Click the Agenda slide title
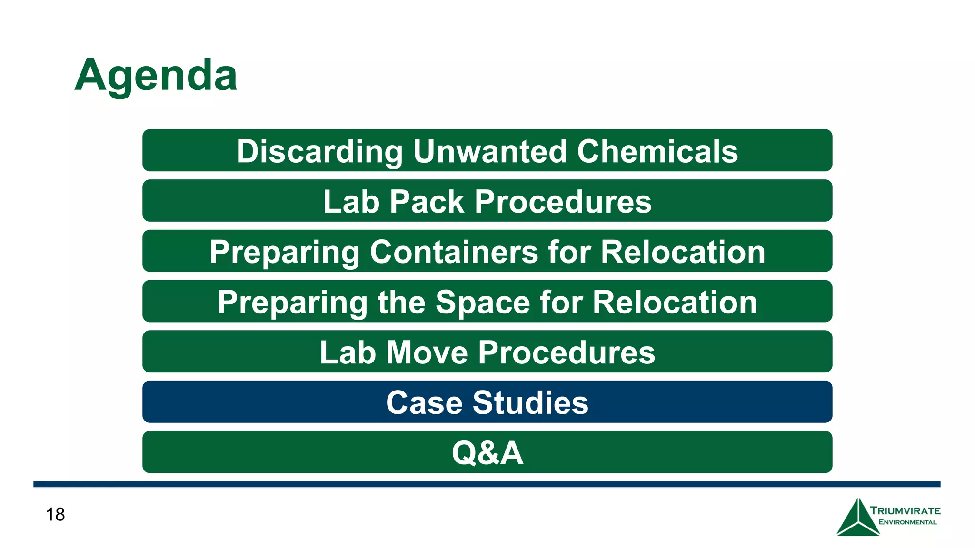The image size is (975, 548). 156,75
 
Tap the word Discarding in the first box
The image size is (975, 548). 319,151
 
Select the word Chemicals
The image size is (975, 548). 657,151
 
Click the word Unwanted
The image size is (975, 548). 490,151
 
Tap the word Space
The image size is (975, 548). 482,303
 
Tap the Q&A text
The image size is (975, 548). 487,452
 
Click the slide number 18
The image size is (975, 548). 55,514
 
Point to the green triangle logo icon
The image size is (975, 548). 857,519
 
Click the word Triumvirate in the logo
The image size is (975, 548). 905,511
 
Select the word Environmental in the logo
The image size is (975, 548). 907,522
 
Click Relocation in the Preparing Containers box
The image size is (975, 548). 683,252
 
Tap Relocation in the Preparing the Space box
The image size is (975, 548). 675,303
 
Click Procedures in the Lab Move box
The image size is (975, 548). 566,352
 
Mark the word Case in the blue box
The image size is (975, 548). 424,402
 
